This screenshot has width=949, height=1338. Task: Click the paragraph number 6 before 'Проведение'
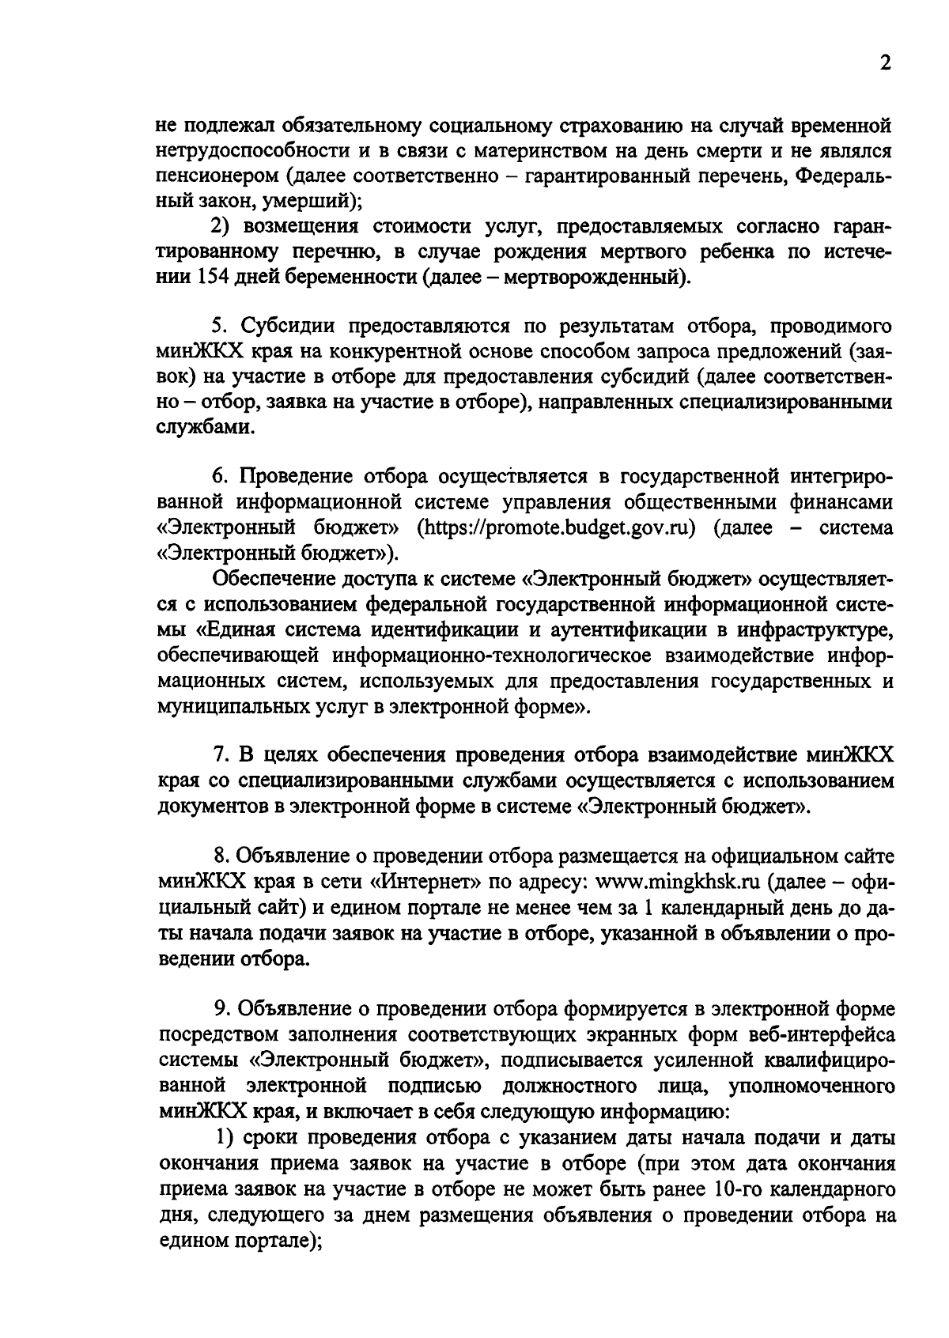coord(219,477)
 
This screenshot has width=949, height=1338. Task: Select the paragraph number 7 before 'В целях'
coord(219,757)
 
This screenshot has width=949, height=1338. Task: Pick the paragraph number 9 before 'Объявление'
coord(219,1009)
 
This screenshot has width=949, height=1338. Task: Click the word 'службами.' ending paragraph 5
coord(195,428)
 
